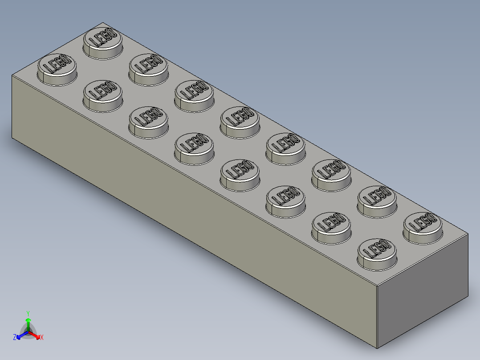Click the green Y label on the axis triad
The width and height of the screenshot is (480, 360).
(28, 313)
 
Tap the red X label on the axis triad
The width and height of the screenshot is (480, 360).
(41, 338)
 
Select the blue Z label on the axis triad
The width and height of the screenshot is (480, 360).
(15, 338)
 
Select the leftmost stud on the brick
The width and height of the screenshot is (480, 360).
(57, 69)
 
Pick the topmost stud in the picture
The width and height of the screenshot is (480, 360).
(103, 42)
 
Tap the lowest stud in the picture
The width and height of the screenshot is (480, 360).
(377, 253)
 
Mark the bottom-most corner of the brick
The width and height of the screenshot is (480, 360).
(378, 348)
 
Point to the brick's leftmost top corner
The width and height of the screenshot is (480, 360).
(12, 75)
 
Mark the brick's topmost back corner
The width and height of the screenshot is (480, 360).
(103, 22)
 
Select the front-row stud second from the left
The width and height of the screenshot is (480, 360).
(103, 95)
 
